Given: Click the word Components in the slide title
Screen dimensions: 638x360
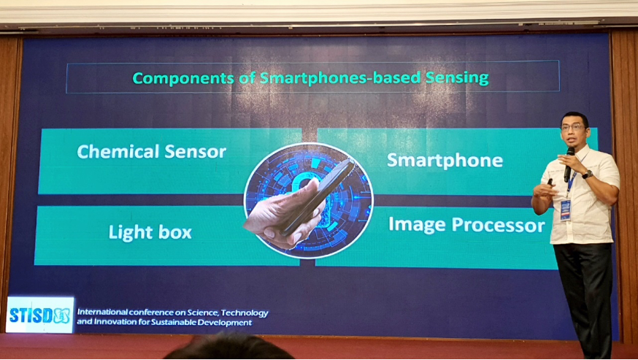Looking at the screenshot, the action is click(183, 78).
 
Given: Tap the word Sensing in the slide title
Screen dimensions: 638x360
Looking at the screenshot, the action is click(457, 77).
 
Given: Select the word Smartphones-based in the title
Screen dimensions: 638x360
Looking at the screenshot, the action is click(340, 78).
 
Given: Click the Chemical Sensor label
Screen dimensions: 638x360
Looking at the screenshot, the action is click(151, 151).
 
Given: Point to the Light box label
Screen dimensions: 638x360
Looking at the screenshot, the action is click(150, 231).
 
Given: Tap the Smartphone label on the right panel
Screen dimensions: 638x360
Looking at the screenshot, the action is click(445, 160).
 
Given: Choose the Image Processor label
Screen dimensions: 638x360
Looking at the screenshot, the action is click(466, 225).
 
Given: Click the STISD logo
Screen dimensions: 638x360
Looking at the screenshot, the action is click(40, 315).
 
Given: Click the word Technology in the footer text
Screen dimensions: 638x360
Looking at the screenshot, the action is click(245, 313).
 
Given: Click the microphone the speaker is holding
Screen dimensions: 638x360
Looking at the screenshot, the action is click(569, 164).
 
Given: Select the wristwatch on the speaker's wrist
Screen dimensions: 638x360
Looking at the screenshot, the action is click(587, 175).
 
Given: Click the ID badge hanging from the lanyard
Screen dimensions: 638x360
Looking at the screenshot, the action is click(565, 210).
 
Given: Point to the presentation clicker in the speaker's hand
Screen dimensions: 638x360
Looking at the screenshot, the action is click(550, 182).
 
